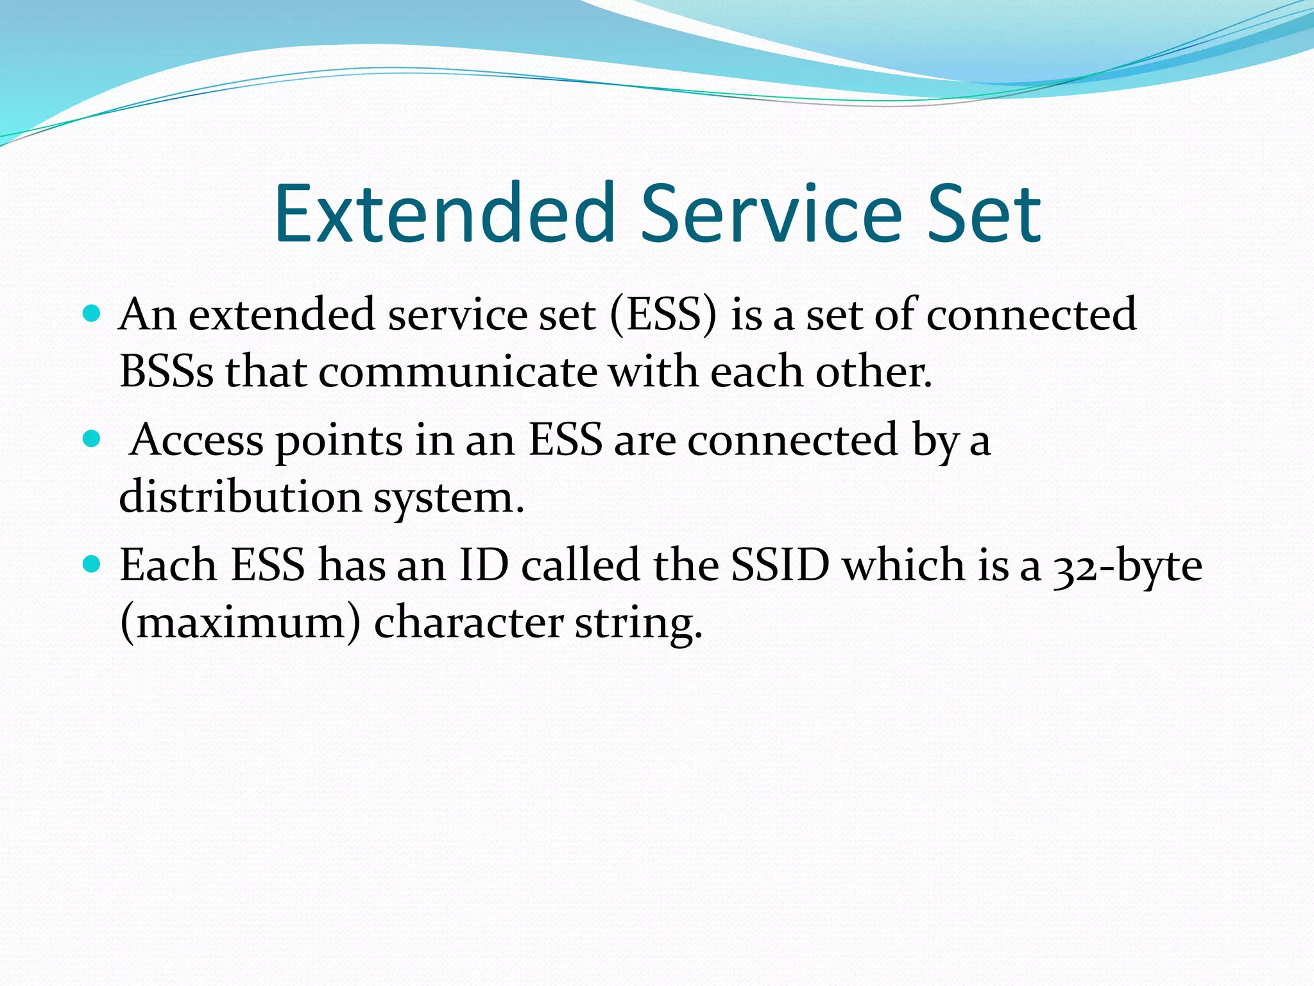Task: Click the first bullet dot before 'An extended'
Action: [x=92, y=314]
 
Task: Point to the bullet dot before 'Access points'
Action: [x=92, y=439]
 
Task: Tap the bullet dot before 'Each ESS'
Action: [x=92, y=564]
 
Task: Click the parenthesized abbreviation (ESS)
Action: [x=663, y=315]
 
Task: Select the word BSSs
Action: [x=166, y=372]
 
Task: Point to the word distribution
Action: [x=240, y=497]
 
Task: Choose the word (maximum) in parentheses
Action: [x=240, y=623]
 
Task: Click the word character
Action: [x=468, y=623]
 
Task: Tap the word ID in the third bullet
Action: [x=484, y=565]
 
